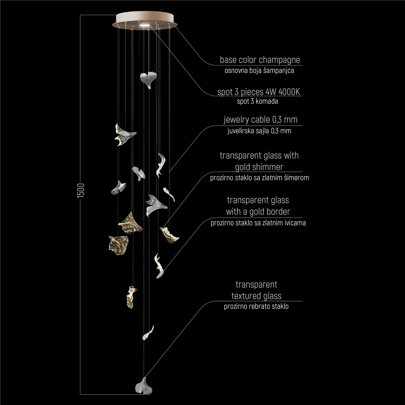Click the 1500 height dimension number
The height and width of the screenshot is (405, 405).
pyautogui.click(x=81, y=190)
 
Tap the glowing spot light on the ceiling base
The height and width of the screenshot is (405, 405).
pyautogui.click(x=144, y=25)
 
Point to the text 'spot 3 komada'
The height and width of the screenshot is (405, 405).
pyautogui.click(x=257, y=101)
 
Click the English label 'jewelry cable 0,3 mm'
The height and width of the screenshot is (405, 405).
pyautogui.click(x=261, y=119)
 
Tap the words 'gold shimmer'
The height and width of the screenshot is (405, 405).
pyautogui.click(x=259, y=167)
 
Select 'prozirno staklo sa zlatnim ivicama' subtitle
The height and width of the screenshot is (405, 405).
pyautogui.click(x=258, y=223)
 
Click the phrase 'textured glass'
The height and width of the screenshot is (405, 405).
pyautogui.click(x=256, y=296)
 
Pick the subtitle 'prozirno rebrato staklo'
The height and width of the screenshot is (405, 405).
pyautogui.click(x=256, y=306)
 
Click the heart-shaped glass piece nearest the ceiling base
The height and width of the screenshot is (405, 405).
pyautogui.click(x=148, y=80)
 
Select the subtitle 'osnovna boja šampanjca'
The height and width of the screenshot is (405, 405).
pyautogui.click(x=259, y=71)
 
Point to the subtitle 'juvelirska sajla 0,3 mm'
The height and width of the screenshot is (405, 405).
pyautogui.click(x=259, y=131)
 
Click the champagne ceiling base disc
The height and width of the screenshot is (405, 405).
pyautogui.click(x=145, y=21)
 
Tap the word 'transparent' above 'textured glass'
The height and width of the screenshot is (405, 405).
pyautogui.click(x=256, y=285)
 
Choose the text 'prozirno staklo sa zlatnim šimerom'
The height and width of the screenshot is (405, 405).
pyautogui.click(x=259, y=178)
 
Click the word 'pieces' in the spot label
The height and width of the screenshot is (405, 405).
pyautogui.click(x=252, y=92)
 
